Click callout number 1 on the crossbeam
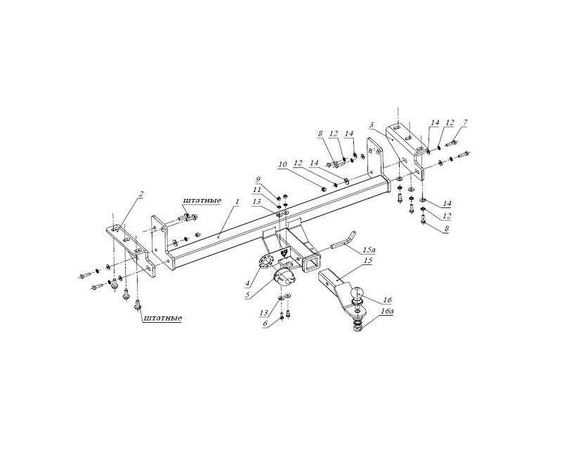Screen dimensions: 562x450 tap(236, 202)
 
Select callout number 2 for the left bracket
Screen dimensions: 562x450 tap(141, 194)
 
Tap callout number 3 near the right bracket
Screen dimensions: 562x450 tap(372, 125)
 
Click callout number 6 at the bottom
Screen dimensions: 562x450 tap(266, 323)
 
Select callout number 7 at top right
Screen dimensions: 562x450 tap(465, 123)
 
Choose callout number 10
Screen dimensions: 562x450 tap(283, 164)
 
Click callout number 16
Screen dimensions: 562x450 tap(388, 300)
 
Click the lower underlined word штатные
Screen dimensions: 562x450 tap(162, 318)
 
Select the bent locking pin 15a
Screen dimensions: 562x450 tap(344, 240)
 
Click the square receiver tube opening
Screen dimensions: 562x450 tap(311, 264)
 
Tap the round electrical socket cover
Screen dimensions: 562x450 tap(283, 278)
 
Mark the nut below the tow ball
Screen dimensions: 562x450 tap(358, 328)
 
